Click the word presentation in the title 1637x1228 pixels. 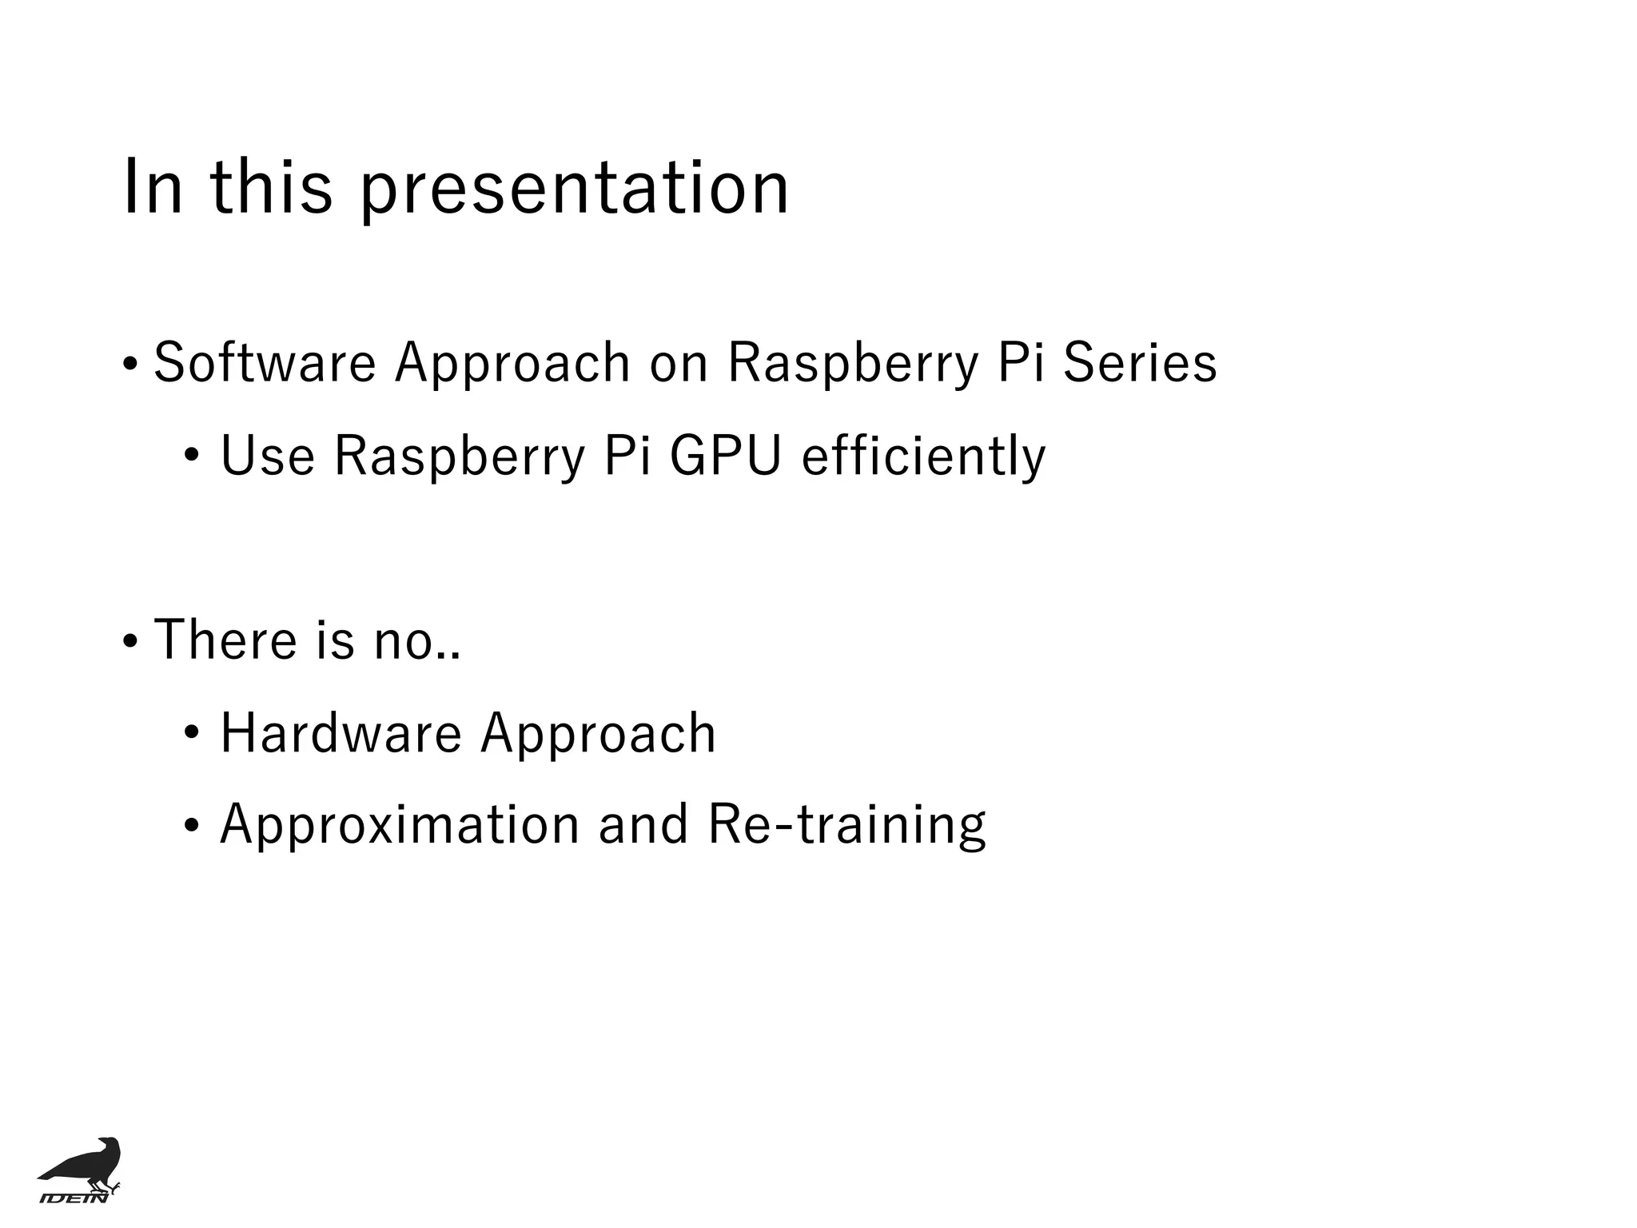pyautogui.click(x=574, y=189)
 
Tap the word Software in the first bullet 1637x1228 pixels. pyautogui.click(x=265, y=362)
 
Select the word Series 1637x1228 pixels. pyautogui.click(x=1140, y=362)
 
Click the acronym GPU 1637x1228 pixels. pyautogui.click(x=725, y=456)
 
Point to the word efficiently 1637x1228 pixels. pyautogui.click(x=923, y=456)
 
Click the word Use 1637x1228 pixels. pyautogui.click(x=268, y=456)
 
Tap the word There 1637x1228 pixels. pyautogui.click(x=225, y=640)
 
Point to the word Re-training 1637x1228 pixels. pyautogui.click(x=847, y=825)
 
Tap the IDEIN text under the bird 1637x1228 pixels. pyautogui.click(x=74, y=1197)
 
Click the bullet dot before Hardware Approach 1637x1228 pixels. pyautogui.click(x=191, y=734)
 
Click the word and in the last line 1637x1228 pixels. pyautogui.click(x=643, y=825)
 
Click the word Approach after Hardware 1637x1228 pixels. pyautogui.click(x=598, y=733)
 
